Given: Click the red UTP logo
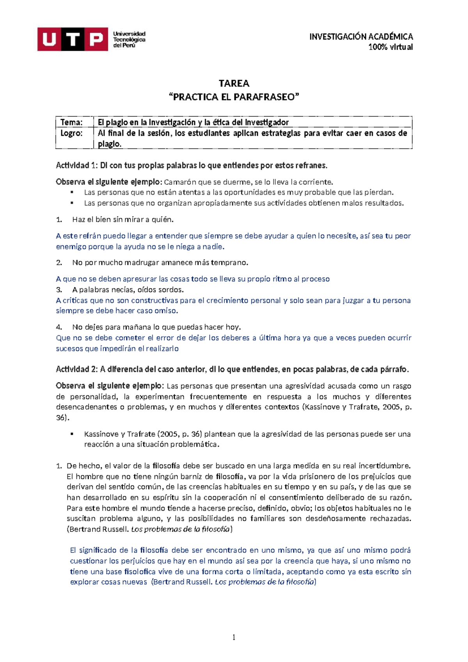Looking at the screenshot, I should pos(73,39).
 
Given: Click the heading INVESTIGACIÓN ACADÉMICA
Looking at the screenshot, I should pos(361,37).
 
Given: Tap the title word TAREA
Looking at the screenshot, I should pos(234,83).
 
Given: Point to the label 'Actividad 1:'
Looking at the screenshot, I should pos(77,165).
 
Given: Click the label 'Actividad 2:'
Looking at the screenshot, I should pos(77,369).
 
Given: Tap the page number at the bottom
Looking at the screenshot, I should pos(234,637).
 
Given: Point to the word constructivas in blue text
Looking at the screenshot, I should pos(153,301).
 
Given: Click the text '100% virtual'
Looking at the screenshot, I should pos(390,47).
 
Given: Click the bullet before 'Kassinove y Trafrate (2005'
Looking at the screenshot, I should pos(72,434).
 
